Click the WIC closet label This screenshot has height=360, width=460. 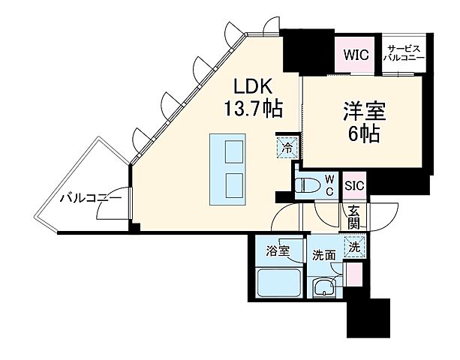[355, 55]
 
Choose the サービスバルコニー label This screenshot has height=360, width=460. [404, 53]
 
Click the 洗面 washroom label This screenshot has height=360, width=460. [324, 253]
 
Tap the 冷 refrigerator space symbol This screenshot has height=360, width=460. [286, 147]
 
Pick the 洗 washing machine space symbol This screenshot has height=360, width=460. [353, 245]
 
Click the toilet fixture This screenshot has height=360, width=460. [307, 185]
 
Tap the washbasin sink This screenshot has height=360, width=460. [325, 287]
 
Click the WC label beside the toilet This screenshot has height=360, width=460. [329, 184]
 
